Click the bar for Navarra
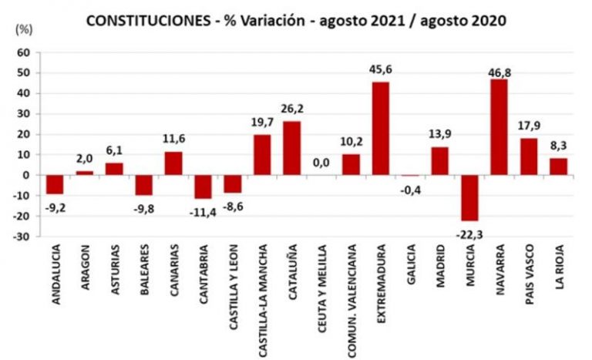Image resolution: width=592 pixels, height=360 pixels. click(499, 127)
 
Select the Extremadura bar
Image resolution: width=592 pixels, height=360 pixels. click(381, 129)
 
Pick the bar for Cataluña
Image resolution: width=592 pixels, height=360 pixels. click(292, 148)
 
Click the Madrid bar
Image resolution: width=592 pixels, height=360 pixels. click(440, 160)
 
